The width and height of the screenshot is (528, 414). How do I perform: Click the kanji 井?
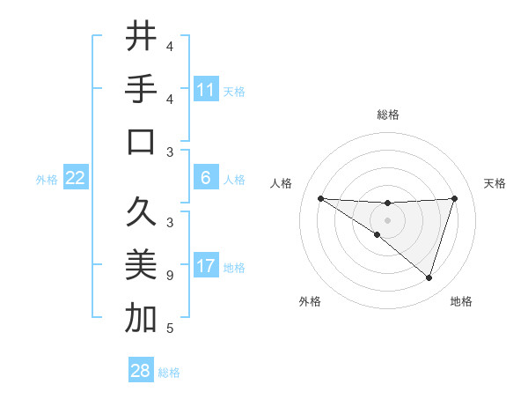(x=141, y=36)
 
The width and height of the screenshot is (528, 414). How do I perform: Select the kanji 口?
(x=141, y=142)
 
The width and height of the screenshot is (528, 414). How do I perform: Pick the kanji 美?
(x=141, y=265)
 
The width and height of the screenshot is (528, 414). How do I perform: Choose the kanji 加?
(x=141, y=318)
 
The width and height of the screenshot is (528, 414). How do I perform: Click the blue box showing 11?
(x=206, y=90)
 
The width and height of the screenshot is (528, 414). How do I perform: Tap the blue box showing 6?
(x=206, y=178)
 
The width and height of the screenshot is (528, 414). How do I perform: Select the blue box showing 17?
(x=206, y=266)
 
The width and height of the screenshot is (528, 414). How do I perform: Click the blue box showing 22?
(x=76, y=178)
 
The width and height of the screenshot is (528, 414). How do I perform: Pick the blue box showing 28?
(x=141, y=371)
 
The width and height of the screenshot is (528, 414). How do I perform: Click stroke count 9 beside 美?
(x=170, y=276)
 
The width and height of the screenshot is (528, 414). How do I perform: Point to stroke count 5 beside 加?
(x=170, y=329)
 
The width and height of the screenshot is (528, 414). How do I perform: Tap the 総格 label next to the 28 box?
(x=169, y=373)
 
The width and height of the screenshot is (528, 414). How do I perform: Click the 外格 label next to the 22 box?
(x=47, y=180)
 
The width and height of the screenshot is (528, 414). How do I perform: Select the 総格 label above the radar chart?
(x=388, y=115)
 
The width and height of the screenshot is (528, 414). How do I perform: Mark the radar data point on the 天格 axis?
(x=454, y=198)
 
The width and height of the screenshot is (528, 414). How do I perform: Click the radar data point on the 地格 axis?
(x=429, y=277)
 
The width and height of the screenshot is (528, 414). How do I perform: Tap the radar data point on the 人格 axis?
(x=320, y=198)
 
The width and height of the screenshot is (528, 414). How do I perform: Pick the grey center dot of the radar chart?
(x=387, y=219)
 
